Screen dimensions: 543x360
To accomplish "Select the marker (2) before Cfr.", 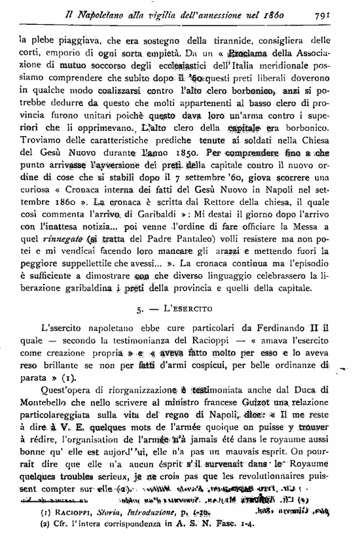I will click(26, 526).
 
